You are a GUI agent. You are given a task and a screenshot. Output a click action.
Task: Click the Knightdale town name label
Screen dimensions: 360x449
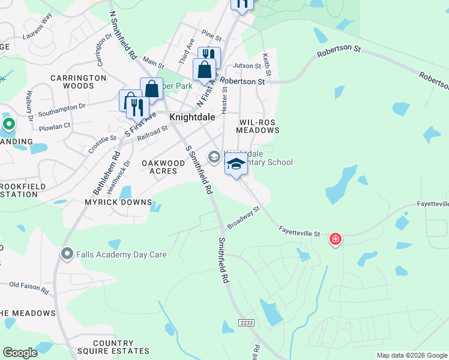[x=193, y=118]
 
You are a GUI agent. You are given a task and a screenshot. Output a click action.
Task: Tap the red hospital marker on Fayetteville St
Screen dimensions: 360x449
[x=335, y=240]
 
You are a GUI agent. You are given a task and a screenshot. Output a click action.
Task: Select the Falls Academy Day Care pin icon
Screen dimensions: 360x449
[x=67, y=254]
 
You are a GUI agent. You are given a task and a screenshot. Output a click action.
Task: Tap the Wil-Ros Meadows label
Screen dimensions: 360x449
[x=258, y=125]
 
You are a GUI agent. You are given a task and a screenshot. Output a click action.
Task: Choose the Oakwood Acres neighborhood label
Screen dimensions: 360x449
[x=163, y=167]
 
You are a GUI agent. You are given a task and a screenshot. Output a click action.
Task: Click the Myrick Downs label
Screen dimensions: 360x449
[x=118, y=202]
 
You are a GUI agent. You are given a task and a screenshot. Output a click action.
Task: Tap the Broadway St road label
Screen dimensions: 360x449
[x=243, y=218]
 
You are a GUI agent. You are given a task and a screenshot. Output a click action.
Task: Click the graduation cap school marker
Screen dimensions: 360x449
[x=237, y=164]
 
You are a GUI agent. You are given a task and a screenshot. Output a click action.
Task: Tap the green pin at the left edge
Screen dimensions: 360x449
[x=8, y=124]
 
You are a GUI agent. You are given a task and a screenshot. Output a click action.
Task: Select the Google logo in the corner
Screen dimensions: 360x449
[x=20, y=353]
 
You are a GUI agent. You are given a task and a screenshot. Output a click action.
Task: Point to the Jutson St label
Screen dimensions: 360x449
[x=245, y=65]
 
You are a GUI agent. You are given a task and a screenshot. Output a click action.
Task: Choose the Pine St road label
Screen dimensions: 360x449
[x=211, y=36]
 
